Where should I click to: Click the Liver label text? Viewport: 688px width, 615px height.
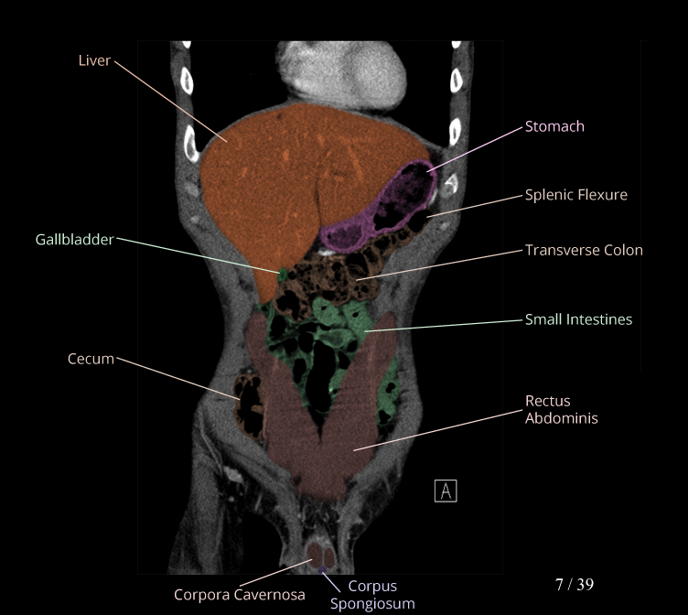point(94,60)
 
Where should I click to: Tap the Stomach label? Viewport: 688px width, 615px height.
point(554,126)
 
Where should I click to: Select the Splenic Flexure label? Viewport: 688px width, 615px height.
point(575,194)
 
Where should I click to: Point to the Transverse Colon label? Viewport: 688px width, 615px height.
point(583,250)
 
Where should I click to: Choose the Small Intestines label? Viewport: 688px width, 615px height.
point(578,319)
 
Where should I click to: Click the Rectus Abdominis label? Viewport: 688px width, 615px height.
point(561,409)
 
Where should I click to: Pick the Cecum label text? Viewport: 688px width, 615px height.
point(91,359)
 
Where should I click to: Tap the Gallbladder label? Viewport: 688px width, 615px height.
point(74,240)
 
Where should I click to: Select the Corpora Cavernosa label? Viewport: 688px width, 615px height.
point(240,596)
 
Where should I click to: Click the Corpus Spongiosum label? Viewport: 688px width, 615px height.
point(372,595)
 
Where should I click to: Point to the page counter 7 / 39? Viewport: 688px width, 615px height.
point(575,584)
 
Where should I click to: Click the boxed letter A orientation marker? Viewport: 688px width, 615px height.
point(446,491)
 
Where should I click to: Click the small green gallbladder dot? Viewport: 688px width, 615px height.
point(283,273)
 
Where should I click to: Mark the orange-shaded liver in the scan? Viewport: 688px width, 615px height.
point(274,183)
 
